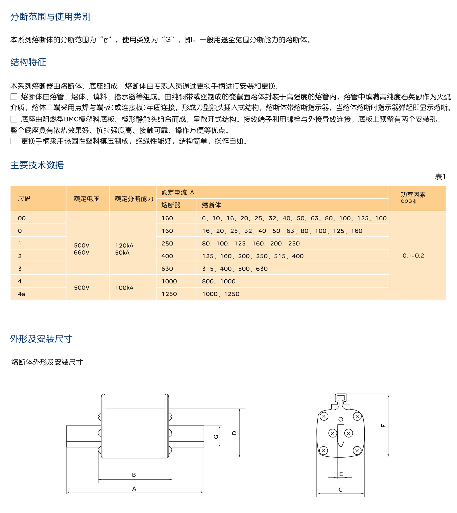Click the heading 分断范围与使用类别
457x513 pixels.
click(50, 17)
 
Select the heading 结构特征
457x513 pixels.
click(28, 62)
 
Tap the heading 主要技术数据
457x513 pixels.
click(37, 165)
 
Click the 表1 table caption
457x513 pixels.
click(440, 177)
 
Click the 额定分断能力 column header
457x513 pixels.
click(134, 199)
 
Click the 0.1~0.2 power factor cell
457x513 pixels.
click(413, 255)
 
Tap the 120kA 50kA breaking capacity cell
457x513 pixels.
click(124, 249)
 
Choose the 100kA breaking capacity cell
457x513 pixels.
click(124, 288)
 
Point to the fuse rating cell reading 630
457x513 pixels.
click(167, 269)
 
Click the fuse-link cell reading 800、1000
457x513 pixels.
click(219, 281)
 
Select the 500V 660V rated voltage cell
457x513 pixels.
click(81, 249)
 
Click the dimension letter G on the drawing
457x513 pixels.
click(216, 437)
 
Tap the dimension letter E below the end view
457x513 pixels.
click(341, 474)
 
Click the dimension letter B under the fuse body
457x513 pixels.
click(134, 475)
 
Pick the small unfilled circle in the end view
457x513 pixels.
click(341, 419)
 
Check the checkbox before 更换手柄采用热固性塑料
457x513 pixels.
click(14, 141)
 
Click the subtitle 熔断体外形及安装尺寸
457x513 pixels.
click(47, 362)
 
